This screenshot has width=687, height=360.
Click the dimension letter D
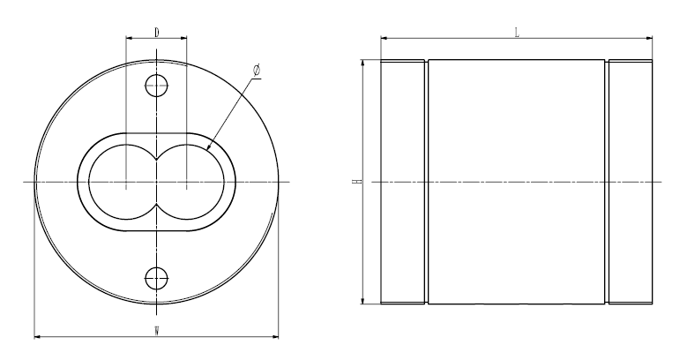click(x=156, y=33)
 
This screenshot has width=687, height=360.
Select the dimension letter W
click(x=156, y=331)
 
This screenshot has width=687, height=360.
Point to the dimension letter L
click(x=517, y=32)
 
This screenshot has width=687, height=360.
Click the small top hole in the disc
click(x=156, y=86)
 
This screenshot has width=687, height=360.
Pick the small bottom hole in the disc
click(x=156, y=279)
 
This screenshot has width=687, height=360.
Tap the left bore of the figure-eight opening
click(x=124, y=183)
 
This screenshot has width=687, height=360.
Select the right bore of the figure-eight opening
click(x=188, y=183)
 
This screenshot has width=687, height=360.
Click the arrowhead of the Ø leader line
click(x=210, y=151)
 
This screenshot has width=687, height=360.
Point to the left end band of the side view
click(x=404, y=183)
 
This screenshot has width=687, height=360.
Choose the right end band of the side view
click(x=630, y=183)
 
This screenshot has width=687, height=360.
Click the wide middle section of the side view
click(x=517, y=183)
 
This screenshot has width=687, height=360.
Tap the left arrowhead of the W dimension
click(x=37, y=335)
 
